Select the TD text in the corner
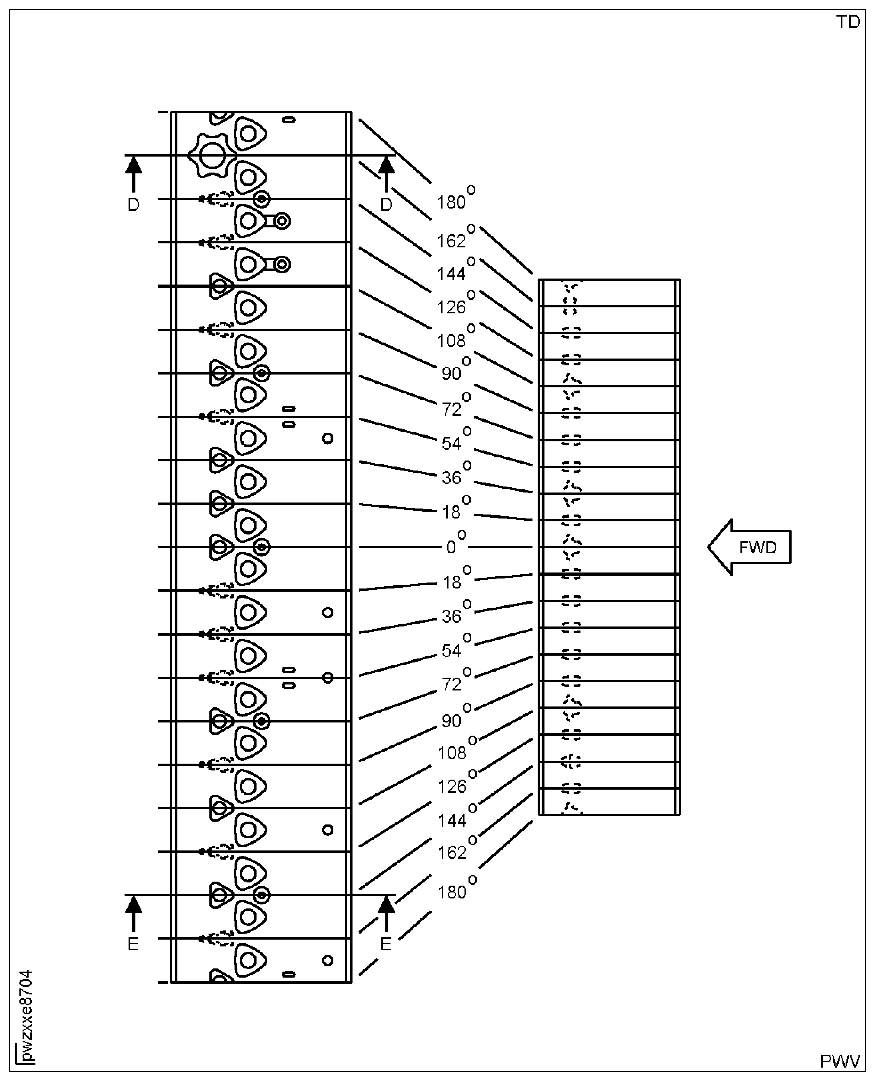[848, 22]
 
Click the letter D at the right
[386, 204]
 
